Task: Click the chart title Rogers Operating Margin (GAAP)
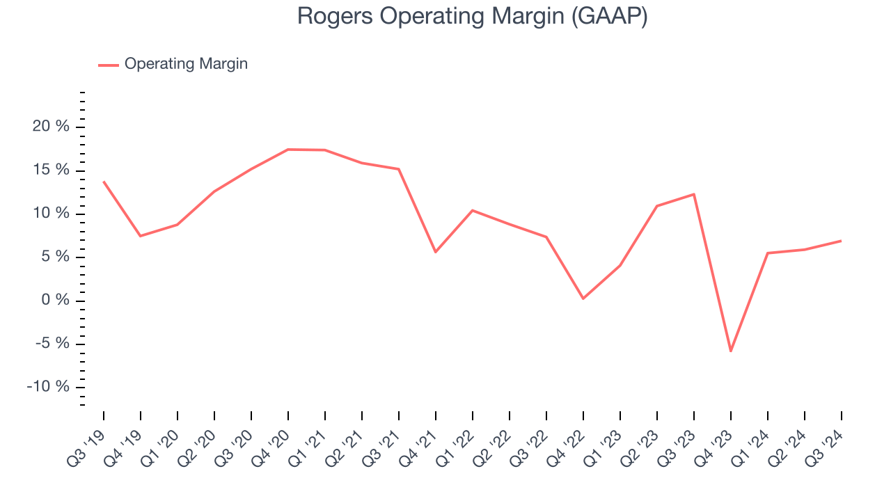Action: (472, 16)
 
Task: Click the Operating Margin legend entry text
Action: (186, 64)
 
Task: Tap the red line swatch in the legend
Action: (109, 65)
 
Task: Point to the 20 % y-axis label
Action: (51, 127)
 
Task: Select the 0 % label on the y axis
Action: (55, 300)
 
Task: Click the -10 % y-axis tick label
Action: (48, 387)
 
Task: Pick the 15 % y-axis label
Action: (51, 170)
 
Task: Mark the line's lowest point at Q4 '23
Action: (731, 351)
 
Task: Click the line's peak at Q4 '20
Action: (288, 149)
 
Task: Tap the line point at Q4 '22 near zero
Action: (583, 299)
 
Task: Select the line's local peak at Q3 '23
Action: (694, 194)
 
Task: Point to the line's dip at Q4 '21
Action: (436, 252)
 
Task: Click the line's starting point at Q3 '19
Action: (104, 182)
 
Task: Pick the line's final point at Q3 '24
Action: (841, 241)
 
